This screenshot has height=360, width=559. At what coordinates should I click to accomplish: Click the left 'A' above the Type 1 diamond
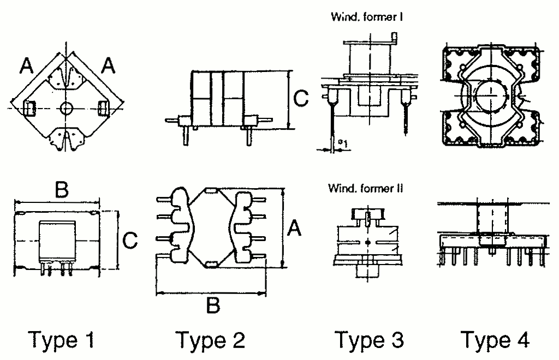(x=27, y=66)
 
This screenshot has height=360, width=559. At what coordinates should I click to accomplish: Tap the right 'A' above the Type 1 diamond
(x=109, y=66)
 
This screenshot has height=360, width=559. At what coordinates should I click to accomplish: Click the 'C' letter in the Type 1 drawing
(x=129, y=240)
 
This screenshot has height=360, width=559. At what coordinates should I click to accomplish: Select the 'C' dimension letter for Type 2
(x=301, y=98)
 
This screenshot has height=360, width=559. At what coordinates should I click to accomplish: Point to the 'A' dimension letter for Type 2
(x=295, y=228)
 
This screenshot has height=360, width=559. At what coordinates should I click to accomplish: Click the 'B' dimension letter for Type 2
(x=213, y=305)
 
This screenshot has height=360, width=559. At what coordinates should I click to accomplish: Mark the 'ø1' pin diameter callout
(x=343, y=143)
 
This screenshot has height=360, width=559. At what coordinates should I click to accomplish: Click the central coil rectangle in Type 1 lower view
(x=57, y=239)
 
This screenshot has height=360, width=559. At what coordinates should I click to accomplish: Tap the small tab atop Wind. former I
(x=394, y=38)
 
